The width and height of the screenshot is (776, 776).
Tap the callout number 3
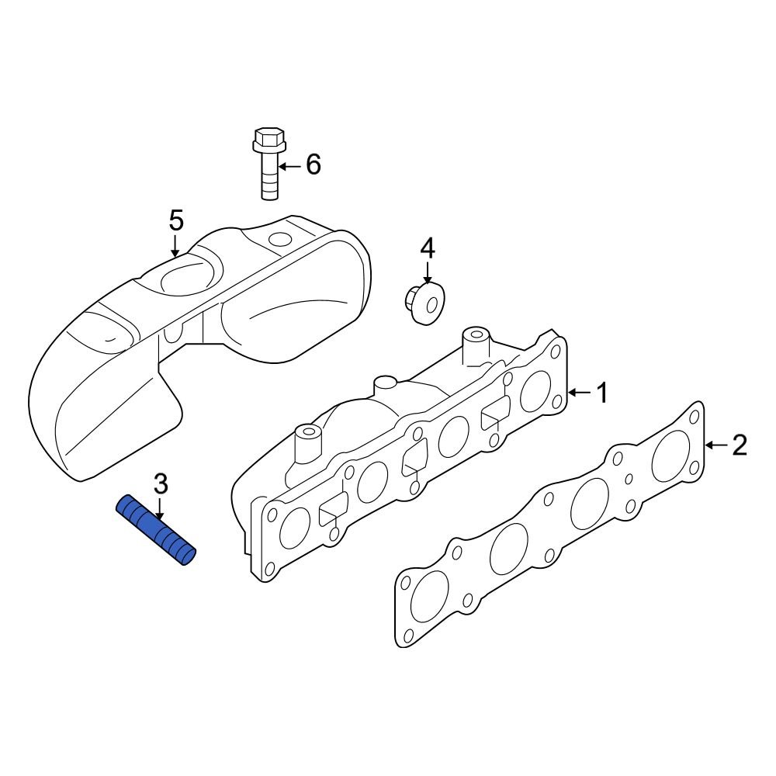click(x=160, y=483)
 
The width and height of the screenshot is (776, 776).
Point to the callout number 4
click(x=428, y=248)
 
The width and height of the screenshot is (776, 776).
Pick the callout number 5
click(x=176, y=220)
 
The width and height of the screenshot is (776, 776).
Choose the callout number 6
click(x=313, y=165)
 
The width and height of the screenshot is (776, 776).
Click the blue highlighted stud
click(x=156, y=531)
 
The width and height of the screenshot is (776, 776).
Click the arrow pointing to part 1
click(x=580, y=393)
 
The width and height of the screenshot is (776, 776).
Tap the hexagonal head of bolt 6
click(x=268, y=140)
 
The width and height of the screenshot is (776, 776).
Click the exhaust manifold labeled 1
click(x=404, y=458)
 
